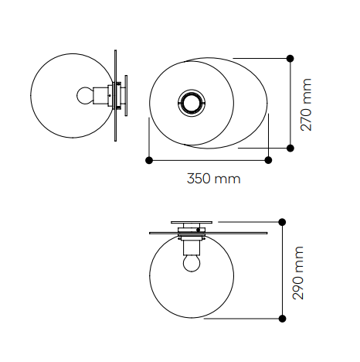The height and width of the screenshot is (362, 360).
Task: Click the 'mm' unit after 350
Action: coord(227,179)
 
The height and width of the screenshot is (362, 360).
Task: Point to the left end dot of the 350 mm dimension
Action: coord(148,160)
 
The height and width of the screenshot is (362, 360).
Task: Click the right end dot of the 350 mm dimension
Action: coord(268,160)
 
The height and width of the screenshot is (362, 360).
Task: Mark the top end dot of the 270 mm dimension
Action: coord(290,58)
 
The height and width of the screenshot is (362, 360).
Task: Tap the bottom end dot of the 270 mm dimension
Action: coord(290,148)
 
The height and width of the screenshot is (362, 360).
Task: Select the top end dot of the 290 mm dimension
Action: coord(282,221)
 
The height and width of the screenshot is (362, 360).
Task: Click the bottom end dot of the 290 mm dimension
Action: coord(282,318)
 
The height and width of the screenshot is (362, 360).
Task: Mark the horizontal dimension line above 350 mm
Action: coord(209,160)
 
